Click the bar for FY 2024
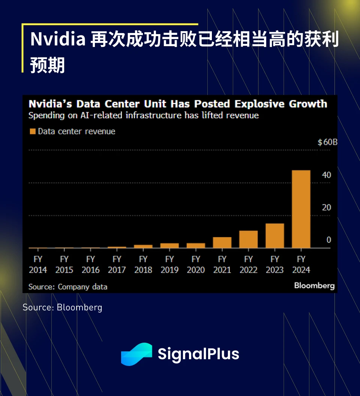pos(301,209)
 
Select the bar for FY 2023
pos(274,236)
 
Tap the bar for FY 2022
pos(248,239)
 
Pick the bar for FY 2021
pos(222,242)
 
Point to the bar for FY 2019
pos(169,245)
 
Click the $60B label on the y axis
pos(327,143)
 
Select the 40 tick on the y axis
pos(326,175)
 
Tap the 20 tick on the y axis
pos(326,208)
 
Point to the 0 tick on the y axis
pos(328,240)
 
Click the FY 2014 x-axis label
pos(38,265)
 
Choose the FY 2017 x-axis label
pos(117,265)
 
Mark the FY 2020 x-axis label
pos(196,265)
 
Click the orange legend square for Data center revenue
pos(33,131)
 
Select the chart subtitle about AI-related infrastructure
pos(144,115)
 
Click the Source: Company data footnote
pos(68,287)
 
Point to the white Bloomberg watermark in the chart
pos(314,286)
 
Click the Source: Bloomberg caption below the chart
pos(62,307)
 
